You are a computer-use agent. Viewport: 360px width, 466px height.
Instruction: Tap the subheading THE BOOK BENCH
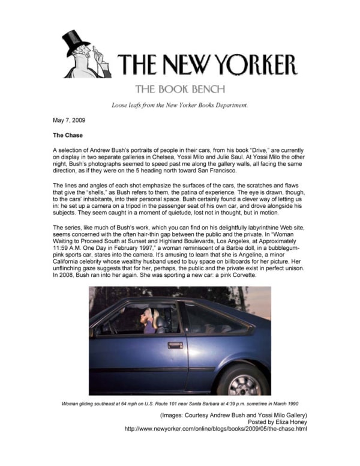tap(180, 89)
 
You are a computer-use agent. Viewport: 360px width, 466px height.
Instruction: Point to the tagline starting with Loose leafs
tap(179, 106)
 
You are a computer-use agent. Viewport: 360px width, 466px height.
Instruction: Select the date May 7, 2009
tap(69, 121)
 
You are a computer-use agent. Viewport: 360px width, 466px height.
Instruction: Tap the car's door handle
tap(175, 345)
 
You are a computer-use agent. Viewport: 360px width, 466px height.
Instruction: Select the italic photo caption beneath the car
tap(180, 404)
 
